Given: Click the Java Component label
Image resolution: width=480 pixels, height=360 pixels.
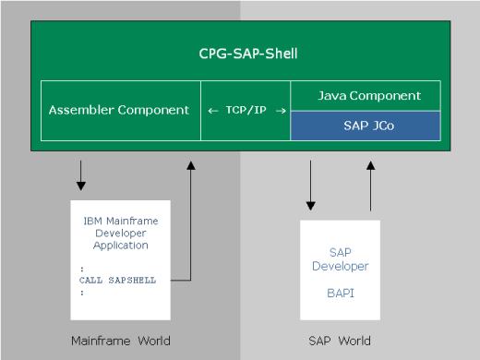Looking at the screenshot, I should pyautogui.click(x=369, y=95).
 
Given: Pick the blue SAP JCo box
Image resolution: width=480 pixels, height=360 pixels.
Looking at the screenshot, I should pyautogui.click(x=369, y=125).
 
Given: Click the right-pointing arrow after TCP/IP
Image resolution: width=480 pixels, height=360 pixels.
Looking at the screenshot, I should pyautogui.click(x=280, y=111).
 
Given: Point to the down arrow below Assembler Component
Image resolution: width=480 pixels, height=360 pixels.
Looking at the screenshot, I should pyautogui.click(x=82, y=173).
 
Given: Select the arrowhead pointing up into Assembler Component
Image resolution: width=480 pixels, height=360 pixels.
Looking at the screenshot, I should pyautogui.click(x=191, y=166).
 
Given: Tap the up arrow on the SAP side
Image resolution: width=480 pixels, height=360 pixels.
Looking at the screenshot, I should pyautogui.click(x=370, y=168).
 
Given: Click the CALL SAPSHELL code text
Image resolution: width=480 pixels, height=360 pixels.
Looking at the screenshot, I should pyautogui.click(x=117, y=278).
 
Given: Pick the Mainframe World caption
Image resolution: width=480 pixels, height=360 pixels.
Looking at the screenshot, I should pyautogui.click(x=120, y=340).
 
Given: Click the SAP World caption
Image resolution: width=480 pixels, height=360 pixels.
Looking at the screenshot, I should pyautogui.click(x=341, y=340).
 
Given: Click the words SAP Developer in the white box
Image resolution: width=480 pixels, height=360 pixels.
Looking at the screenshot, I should pyautogui.click(x=342, y=258).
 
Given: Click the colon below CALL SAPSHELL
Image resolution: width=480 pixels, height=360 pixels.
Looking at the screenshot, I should pyautogui.click(x=81, y=291).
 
